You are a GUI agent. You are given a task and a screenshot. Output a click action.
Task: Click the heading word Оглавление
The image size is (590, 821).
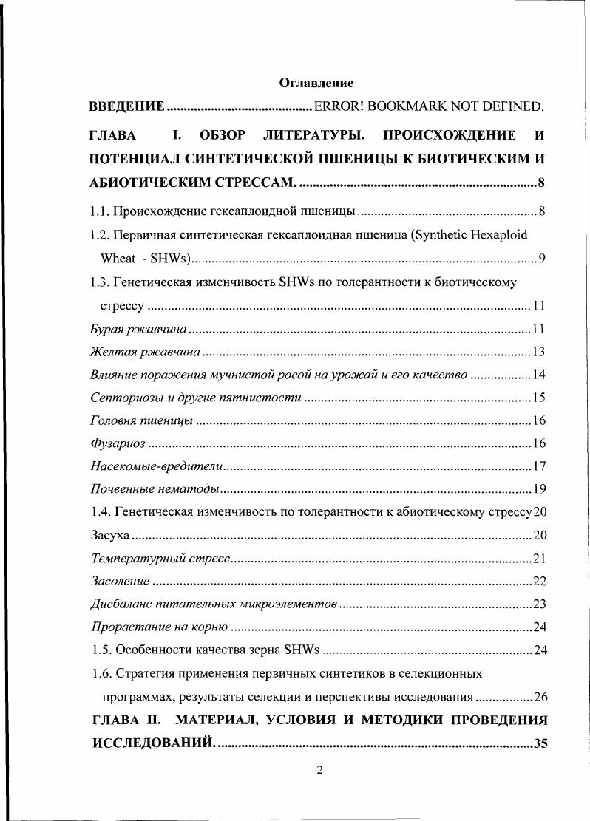point(316,83)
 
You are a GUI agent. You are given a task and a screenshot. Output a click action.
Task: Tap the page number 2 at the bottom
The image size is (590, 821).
point(319,771)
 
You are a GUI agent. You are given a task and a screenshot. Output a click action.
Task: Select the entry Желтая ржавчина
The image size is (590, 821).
point(144,351)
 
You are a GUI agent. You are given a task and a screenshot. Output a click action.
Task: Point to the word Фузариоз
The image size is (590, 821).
point(117,443)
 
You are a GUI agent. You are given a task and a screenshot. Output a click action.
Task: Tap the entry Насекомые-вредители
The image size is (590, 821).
point(155,466)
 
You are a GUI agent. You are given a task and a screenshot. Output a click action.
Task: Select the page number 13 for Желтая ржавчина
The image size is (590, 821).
point(538,351)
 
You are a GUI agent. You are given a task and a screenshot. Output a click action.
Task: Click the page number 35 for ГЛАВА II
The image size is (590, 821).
point(540,743)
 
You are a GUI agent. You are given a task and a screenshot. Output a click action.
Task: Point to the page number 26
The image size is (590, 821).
point(539,696)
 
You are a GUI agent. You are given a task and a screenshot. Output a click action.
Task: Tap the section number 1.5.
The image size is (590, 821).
point(100,650)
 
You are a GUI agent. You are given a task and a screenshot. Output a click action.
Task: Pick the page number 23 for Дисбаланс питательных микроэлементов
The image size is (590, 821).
point(539,604)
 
